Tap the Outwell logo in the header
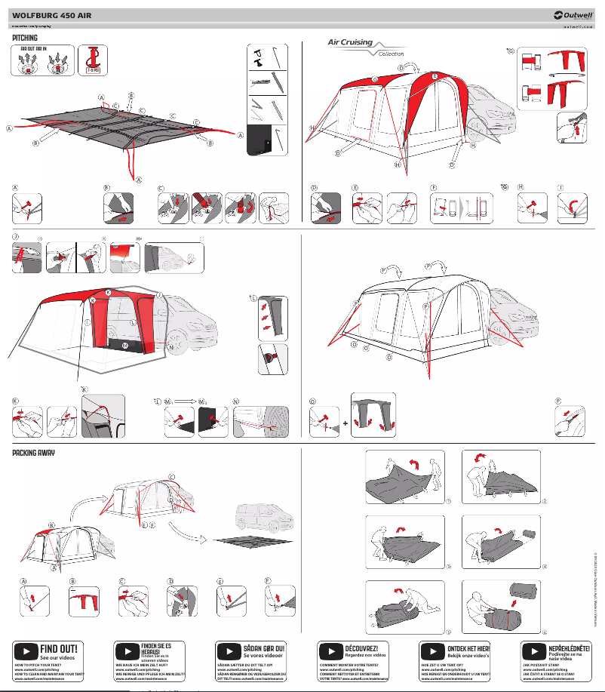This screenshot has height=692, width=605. pos(573,14)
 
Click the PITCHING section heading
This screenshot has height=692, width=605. pos(25,37)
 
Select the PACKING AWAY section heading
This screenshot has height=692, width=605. pos(34,454)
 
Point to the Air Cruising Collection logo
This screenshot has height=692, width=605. pos(361,47)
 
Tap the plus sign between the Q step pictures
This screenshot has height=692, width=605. pos(345,423)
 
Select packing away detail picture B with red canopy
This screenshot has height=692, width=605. pos(84,601)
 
